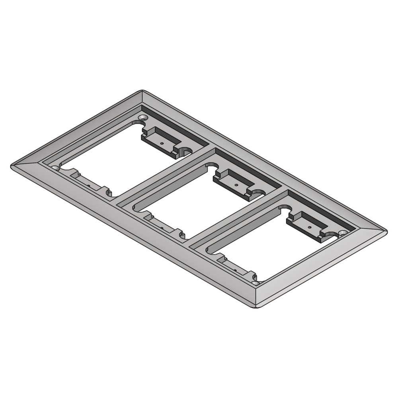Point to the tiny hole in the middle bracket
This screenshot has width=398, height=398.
236,185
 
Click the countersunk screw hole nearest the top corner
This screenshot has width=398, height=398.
142,118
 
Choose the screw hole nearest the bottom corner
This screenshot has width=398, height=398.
255,283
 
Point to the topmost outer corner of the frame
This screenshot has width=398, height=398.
142,90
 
